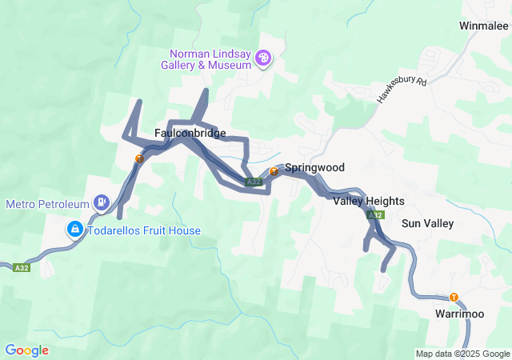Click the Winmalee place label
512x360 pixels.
(483, 26)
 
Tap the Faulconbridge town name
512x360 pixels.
(190, 133)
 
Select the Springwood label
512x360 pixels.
(314, 168)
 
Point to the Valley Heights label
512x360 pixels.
(369, 201)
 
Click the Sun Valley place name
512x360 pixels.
(427, 223)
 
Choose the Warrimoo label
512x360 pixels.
(460, 314)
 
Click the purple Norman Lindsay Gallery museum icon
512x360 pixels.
(265, 58)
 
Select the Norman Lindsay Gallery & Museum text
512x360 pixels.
(210, 59)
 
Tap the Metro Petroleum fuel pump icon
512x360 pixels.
(102, 203)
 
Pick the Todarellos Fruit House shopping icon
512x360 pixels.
(74, 230)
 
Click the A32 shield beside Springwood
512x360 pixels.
(254, 182)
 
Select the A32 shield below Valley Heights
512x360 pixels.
(375, 215)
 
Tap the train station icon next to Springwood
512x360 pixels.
(274, 170)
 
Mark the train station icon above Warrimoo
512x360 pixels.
(454, 298)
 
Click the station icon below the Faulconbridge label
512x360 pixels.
(138, 158)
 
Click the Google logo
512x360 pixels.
(26, 350)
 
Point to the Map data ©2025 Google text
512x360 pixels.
(462, 354)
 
